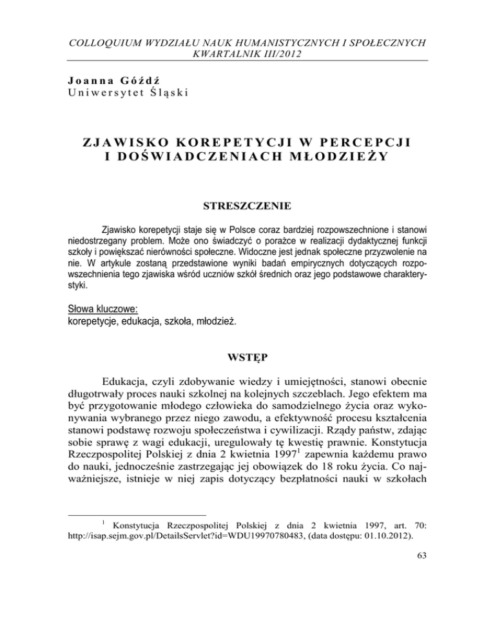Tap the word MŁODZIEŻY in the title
[x=349, y=158]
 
